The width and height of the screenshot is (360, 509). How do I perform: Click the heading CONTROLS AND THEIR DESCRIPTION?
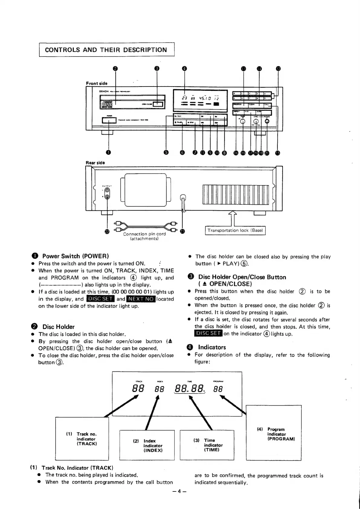tap(106, 50)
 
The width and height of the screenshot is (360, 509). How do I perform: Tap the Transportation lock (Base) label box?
tap(235, 230)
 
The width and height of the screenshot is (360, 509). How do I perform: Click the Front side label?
tap(97, 83)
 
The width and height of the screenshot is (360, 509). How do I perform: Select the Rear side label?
tap(95, 163)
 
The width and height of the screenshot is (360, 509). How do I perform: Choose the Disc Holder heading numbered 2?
tap(58, 327)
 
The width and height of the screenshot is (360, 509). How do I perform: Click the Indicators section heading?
tap(212, 347)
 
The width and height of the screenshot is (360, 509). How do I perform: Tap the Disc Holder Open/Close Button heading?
tap(242, 277)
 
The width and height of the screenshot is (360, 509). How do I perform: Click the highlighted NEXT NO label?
tap(141, 299)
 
